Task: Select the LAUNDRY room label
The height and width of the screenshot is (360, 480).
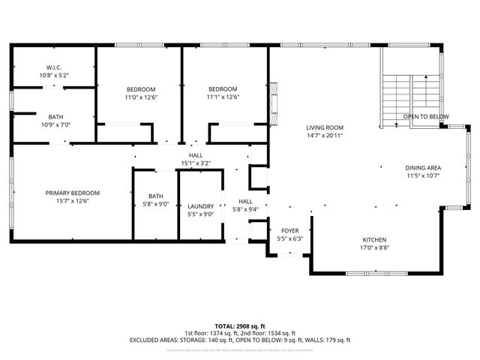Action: tap(200, 205)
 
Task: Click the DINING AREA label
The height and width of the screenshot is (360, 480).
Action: tap(423, 167)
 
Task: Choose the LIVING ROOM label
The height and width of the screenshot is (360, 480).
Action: tap(325, 127)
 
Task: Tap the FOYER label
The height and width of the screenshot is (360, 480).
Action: tap(290, 230)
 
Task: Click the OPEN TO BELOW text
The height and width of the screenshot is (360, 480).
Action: tap(426, 117)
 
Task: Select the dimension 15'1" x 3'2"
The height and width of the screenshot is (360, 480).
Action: tap(196, 163)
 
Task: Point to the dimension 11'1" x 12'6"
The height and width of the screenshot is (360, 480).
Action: tap(223, 96)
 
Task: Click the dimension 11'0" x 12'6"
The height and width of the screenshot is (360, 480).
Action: tap(141, 96)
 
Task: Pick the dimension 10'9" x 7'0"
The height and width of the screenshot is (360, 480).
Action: tap(56, 124)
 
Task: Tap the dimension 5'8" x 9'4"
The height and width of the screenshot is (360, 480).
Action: tap(245, 210)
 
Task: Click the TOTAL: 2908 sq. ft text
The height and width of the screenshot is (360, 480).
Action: tap(240, 326)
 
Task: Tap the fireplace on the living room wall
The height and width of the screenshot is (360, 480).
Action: tap(274, 101)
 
